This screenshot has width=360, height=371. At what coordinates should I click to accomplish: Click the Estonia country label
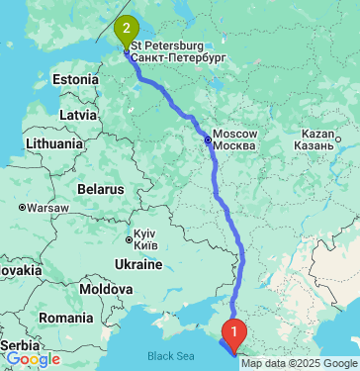(74, 78)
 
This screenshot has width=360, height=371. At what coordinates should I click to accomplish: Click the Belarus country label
(99, 188)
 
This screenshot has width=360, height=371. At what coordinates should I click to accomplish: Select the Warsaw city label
(46, 208)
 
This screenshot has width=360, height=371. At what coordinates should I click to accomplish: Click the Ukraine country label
(135, 264)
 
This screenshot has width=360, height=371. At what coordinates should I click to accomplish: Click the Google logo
(33, 360)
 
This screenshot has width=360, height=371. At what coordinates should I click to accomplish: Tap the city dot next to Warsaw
(22, 208)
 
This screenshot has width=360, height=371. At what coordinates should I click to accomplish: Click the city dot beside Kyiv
(129, 238)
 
